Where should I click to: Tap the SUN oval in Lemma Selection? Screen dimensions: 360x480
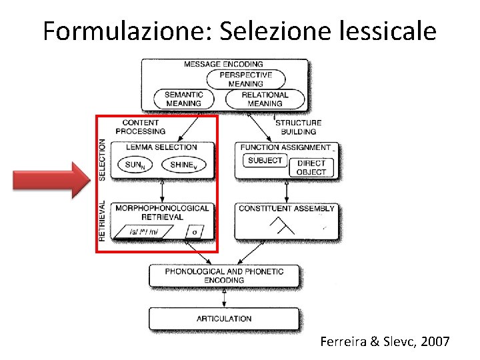click(136, 165)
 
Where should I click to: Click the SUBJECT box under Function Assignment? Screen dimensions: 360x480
click(265, 161)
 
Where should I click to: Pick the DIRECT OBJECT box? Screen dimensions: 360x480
click(311, 167)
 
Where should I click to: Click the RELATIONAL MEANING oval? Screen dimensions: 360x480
click(265, 99)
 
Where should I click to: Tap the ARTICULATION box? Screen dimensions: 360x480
click(224, 319)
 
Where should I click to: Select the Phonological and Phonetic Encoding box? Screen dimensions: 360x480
click(224, 276)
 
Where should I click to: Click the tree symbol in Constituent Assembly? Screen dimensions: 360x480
click(282, 227)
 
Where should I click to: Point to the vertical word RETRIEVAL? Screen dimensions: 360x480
click(102, 220)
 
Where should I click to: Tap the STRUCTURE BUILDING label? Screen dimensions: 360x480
click(298, 127)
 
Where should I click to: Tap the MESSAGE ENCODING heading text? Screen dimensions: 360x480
click(223, 64)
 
